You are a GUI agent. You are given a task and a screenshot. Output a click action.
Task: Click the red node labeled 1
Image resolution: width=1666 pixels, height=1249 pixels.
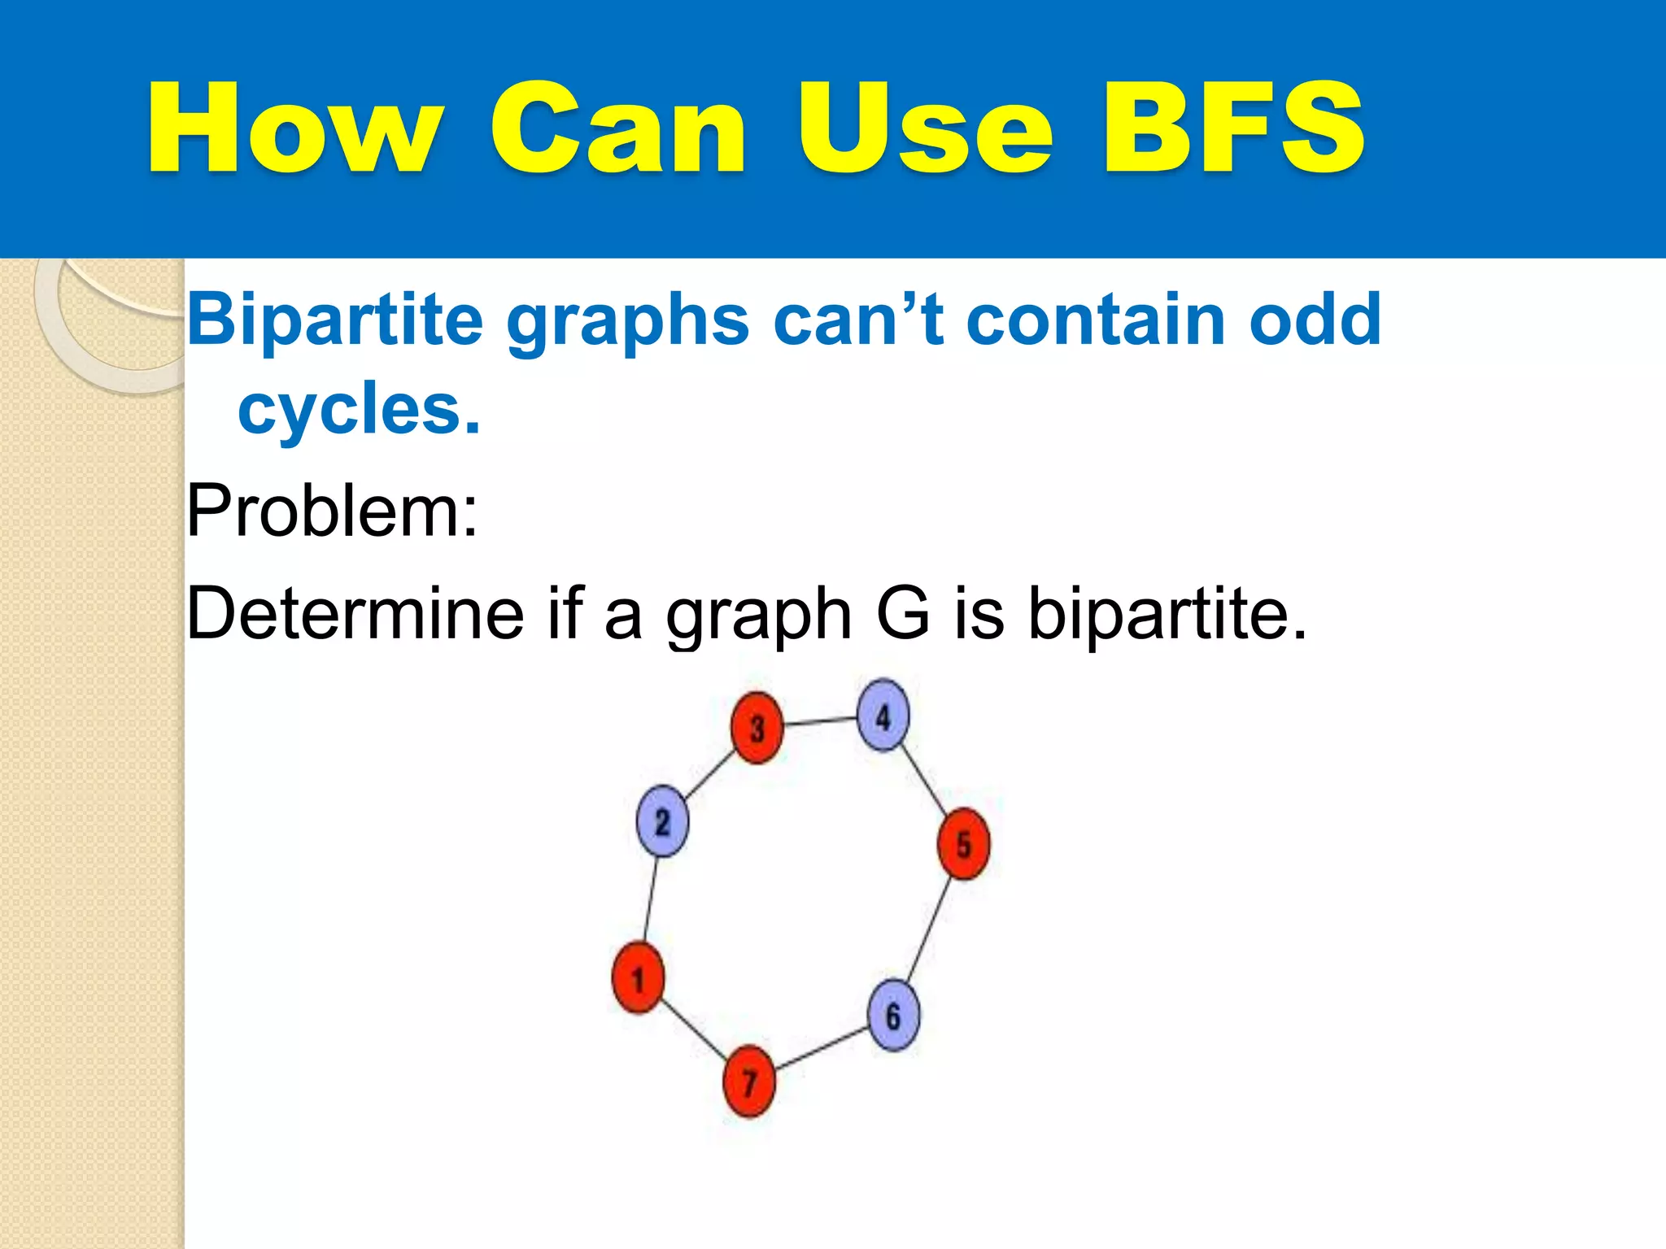click(x=638, y=978)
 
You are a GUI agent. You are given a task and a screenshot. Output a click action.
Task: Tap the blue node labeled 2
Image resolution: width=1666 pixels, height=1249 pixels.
click(x=662, y=821)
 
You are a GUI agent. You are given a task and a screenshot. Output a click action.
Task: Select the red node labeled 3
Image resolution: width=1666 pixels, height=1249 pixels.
click(x=757, y=728)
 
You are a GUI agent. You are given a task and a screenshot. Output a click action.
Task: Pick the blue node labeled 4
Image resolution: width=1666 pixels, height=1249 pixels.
click(x=883, y=716)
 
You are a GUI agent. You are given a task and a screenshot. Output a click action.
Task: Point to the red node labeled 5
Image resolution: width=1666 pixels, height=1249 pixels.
click(x=964, y=844)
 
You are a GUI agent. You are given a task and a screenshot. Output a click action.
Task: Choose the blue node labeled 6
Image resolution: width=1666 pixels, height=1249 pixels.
click(x=893, y=1016)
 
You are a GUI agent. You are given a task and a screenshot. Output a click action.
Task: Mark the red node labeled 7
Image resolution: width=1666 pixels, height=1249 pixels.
click(x=749, y=1081)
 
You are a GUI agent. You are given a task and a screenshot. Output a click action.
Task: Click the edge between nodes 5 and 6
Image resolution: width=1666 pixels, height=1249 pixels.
click(x=928, y=929)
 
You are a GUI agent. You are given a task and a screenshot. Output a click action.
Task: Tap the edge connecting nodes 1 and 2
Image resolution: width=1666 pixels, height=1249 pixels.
click(x=651, y=899)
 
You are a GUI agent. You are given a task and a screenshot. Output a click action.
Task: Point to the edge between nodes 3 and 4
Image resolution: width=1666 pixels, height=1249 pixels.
click(x=820, y=721)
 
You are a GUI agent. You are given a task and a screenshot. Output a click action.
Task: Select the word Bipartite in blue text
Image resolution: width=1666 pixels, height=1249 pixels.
click(x=335, y=320)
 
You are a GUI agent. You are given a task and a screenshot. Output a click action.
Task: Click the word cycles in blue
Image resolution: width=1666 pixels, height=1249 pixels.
click(x=358, y=409)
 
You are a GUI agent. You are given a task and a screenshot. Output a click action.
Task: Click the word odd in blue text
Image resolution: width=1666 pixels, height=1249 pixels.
click(x=1315, y=320)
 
